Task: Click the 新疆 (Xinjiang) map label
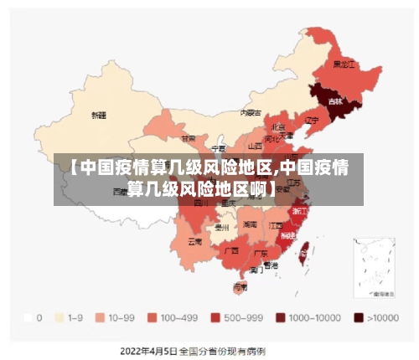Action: [99, 115]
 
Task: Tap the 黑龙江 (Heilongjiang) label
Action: [344, 64]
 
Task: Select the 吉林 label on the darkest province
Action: [335, 101]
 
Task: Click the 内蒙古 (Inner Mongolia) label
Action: [250, 111]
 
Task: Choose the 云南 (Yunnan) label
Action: [194, 241]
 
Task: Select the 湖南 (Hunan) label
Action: [250, 224]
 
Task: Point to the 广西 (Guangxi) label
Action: [231, 249]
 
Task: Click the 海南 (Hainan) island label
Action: [240, 286]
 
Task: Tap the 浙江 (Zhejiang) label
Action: [299, 212]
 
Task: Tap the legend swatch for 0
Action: [28, 318]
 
